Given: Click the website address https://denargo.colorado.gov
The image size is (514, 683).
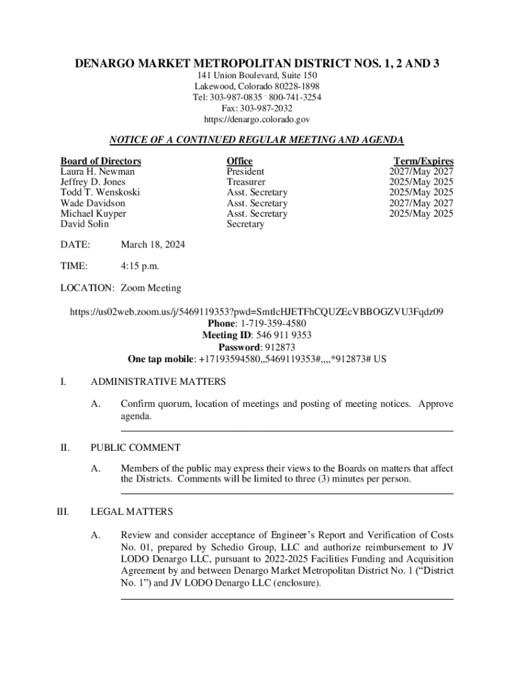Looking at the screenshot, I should tap(257, 119).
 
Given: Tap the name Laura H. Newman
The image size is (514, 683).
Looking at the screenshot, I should tap(97, 171).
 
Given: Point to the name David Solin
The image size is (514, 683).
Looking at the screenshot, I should tap(85, 224).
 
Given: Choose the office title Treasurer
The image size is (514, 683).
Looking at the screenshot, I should tap(246, 182).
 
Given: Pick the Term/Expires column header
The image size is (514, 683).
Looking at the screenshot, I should tap(423, 161).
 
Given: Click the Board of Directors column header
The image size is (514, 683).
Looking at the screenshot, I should tap(101, 161).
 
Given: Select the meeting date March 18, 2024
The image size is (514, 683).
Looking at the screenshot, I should tap(153, 245).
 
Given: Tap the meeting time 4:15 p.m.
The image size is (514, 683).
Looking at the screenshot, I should tap(140, 267).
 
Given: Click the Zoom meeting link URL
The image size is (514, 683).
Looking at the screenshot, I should tap(257, 311).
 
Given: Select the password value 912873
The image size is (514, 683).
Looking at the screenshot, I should tap(280, 348).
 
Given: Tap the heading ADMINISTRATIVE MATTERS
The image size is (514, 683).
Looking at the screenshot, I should tap(158, 382).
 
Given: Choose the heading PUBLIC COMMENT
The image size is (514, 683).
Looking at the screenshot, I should tap(136, 448).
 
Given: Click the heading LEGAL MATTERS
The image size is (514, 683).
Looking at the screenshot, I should tap(132, 512).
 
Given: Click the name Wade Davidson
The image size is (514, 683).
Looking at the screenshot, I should tap(93, 203).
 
